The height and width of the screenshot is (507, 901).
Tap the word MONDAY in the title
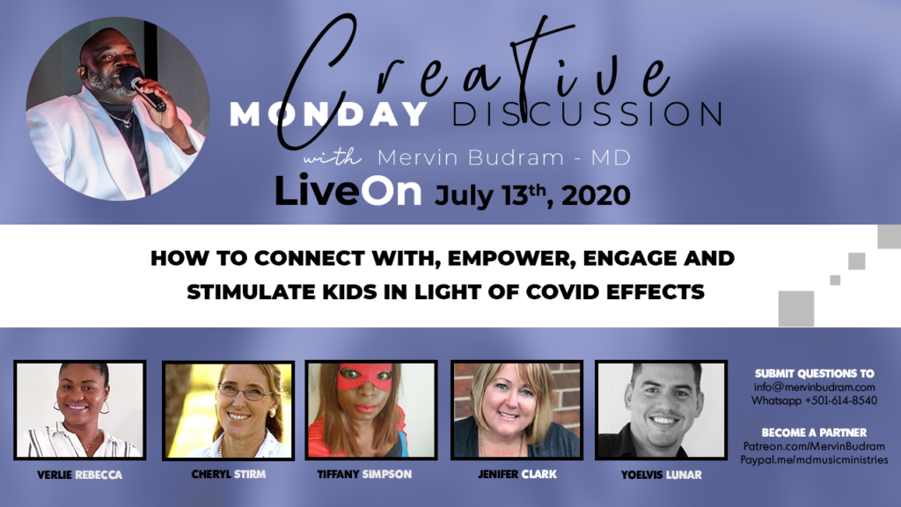pyautogui.click(x=329, y=114)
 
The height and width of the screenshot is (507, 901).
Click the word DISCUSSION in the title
pyautogui.click(x=587, y=114)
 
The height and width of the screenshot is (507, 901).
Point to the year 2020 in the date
pyautogui.click(x=596, y=196)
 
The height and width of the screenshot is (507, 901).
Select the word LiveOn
pyautogui.click(x=348, y=191)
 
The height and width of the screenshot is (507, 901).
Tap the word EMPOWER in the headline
pyautogui.click(x=511, y=259)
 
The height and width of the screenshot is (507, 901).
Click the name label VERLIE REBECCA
pyautogui.click(x=79, y=474)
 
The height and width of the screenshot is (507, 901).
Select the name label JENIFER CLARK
pyautogui.click(x=517, y=474)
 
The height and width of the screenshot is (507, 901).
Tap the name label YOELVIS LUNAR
pyautogui.click(x=662, y=474)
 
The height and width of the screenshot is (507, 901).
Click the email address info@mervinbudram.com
pyautogui.click(x=814, y=387)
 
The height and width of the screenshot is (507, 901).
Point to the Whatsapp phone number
pyautogui.click(x=841, y=400)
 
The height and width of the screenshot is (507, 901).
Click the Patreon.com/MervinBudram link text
pyautogui.click(x=814, y=446)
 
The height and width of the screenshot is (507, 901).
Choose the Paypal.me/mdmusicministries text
pyautogui.click(x=814, y=459)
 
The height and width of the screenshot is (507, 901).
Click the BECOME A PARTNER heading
pyautogui.click(x=814, y=432)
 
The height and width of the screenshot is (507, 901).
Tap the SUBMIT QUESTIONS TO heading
pyautogui.click(x=814, y=373)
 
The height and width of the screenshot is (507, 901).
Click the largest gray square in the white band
pyautogui.click(x=795, y=309)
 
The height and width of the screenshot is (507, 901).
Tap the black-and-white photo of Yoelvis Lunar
pyautogui.click(x=662, y=410)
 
